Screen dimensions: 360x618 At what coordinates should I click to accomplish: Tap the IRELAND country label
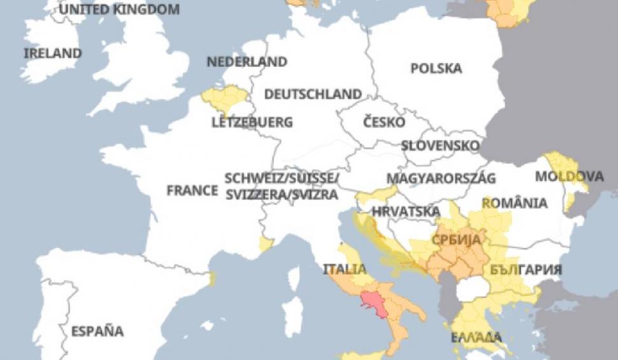pyautogui.click(x=52, y=54)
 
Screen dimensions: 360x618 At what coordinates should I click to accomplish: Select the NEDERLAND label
pyautogui.click(x=247, y=62)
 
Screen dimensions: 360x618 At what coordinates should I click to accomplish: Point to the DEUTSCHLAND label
pyautogui.click(x=313, y=94)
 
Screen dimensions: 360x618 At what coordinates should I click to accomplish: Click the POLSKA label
pyautogui.click(x=436, y=68)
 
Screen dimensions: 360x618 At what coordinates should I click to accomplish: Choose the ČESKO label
pyautogui.click(x=384, y=121)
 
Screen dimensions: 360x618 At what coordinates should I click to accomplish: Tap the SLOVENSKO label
pyautogui.click(x=440, y=145)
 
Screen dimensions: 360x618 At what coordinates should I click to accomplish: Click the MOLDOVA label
pyautogui.click(x=569, y=176)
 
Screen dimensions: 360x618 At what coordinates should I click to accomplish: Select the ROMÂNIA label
pyautogui.click(x=514, y=203)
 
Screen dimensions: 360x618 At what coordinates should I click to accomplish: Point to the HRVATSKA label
pyautogui.click(x=406, y=211)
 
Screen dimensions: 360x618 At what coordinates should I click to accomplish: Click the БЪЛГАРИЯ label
pyautogui.click(x=526, y=270)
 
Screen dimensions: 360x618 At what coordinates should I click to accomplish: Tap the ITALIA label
pyautogui.click(x=344, y=268)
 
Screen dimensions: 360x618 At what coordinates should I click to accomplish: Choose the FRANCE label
pyautogui.click(x=192, y=190)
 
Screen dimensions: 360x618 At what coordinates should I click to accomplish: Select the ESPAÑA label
pyautogui.click(x=97, y=331)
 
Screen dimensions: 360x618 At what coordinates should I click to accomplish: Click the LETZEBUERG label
pyautogui.click(x=252, y=122)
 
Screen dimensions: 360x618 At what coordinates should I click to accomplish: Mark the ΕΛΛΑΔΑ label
pyautogui.click(x=472, y=337)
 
